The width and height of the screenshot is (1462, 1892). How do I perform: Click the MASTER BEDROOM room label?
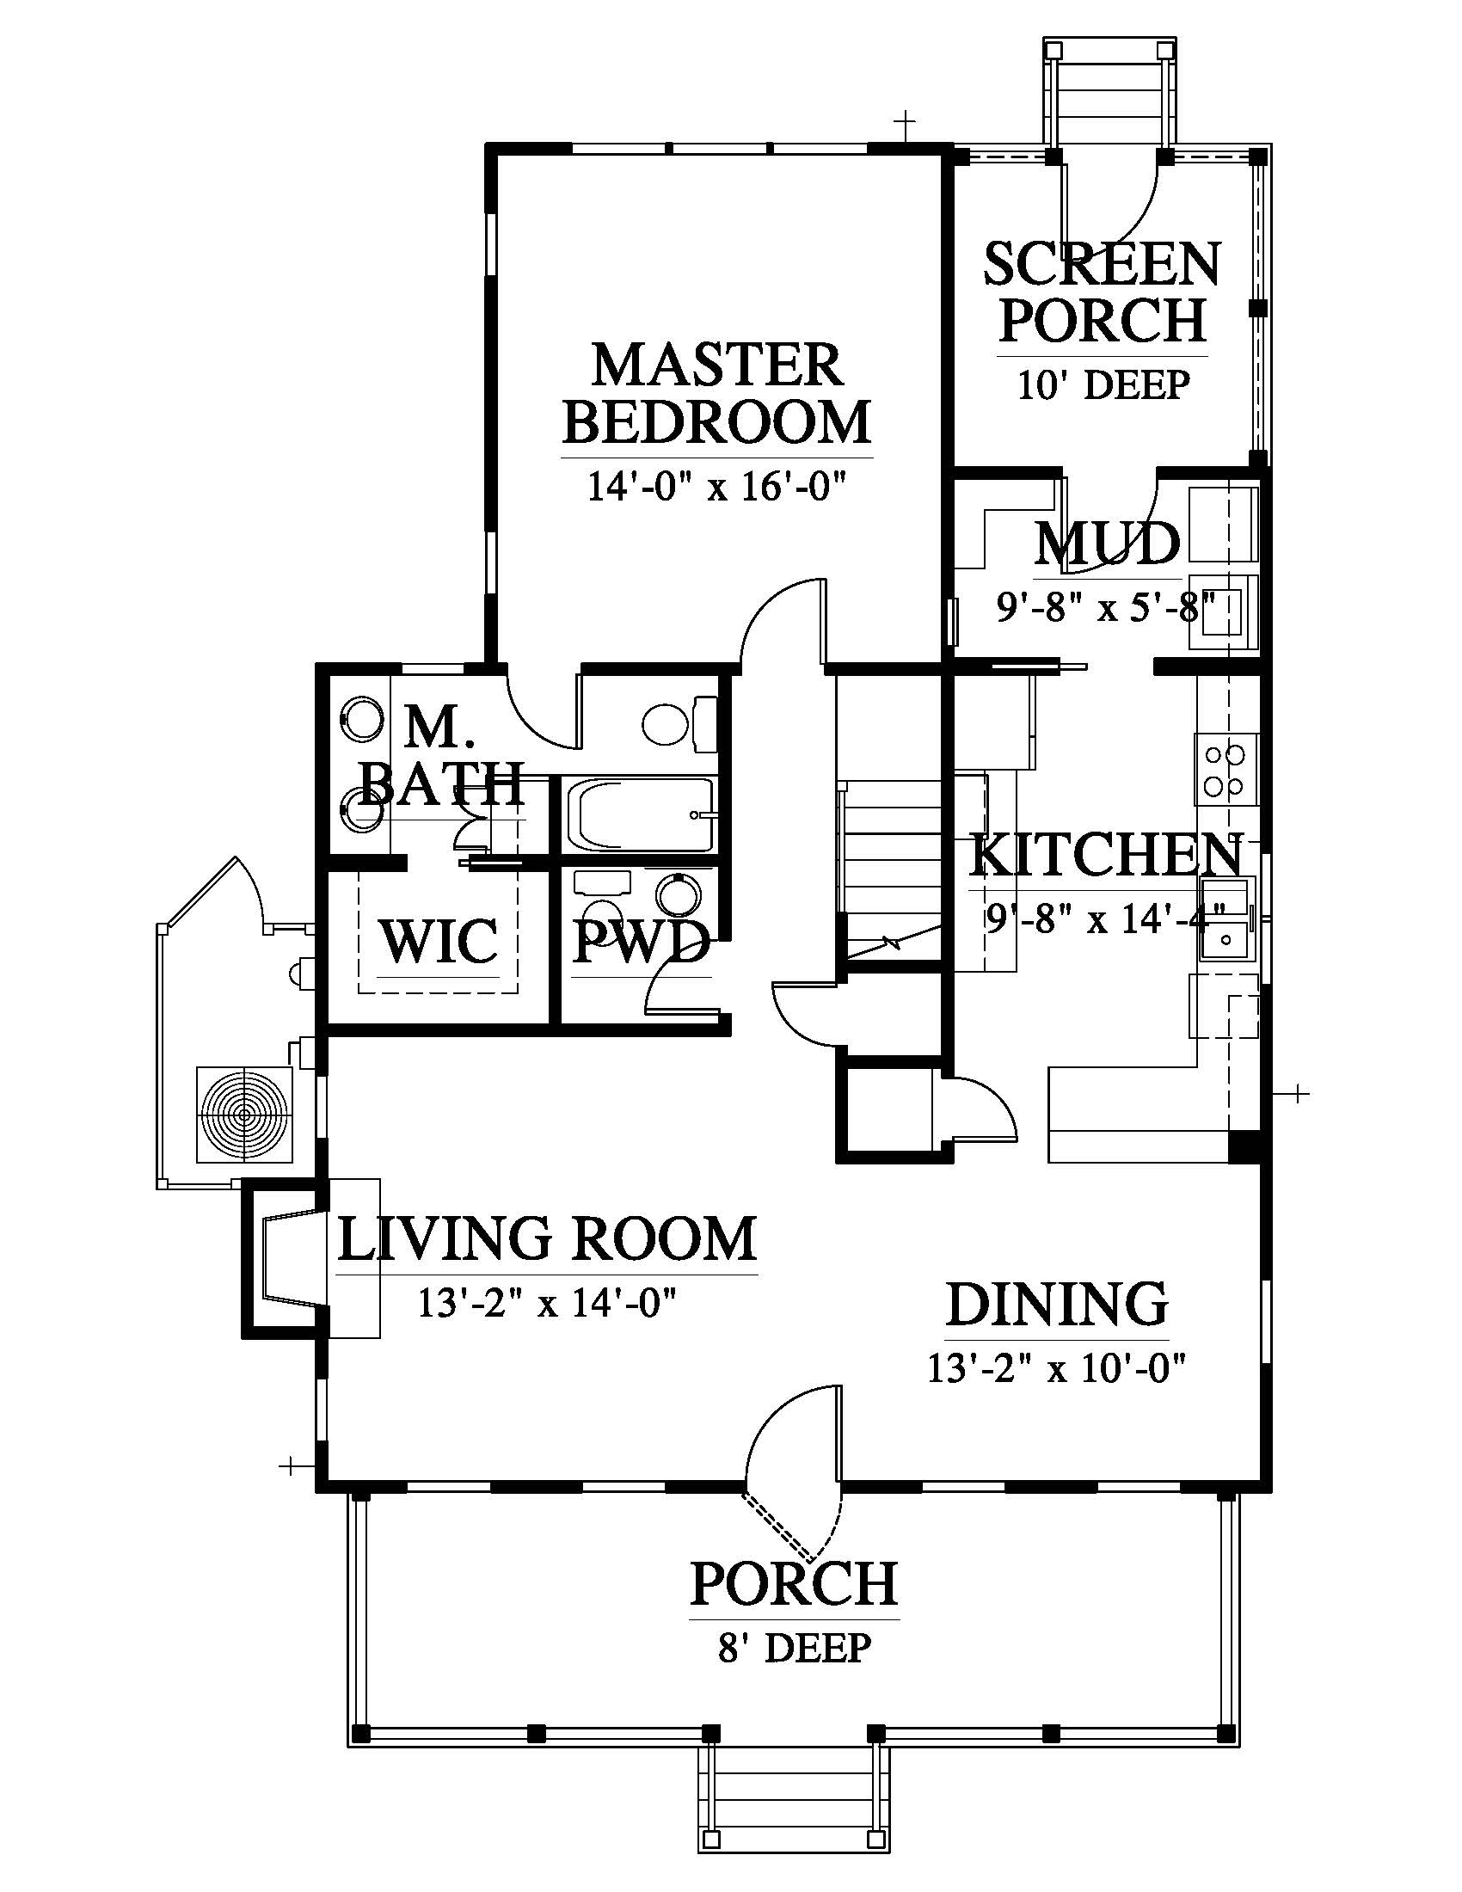click(x=717, y=393)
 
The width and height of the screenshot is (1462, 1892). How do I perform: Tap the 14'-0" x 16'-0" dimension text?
click(x=716, y=486)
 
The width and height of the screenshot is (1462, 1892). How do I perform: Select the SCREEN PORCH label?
click(x=1103, y=291)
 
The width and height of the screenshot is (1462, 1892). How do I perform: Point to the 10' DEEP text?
click(x=1103, y=384)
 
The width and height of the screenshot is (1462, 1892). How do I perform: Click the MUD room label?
click(x=1108, y=544)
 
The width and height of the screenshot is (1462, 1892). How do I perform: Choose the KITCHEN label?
click(x=1106, y=855)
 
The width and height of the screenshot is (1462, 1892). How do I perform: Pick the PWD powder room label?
click(x=642, y=942)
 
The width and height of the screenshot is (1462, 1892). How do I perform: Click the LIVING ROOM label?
click(x=546, y=1238)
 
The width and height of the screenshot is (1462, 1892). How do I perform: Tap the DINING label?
click(x=1057, y=1305)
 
